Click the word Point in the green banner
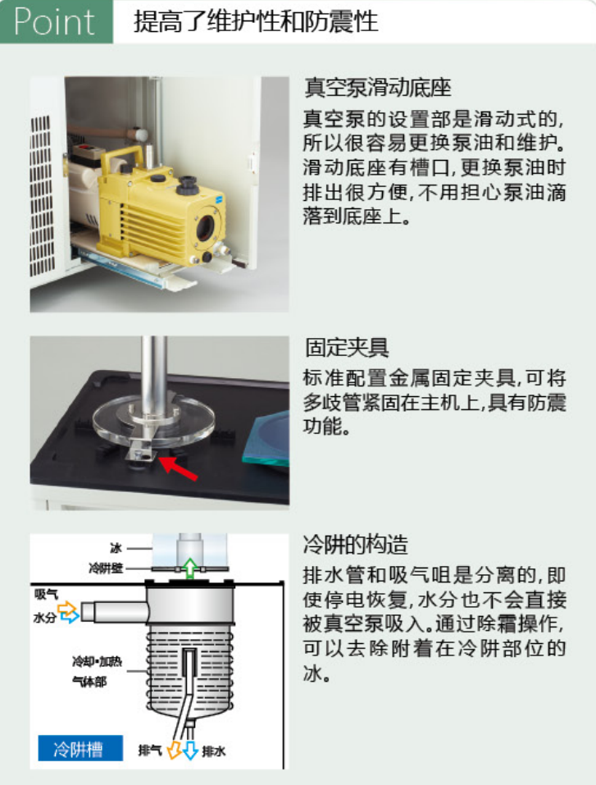[x=54, y=22]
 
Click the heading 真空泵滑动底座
[x=378, y=88]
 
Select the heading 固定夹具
[x=347, y=348]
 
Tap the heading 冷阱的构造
[x=356, y=544]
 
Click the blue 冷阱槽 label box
[x=80, y=748]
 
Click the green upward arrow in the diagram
[x=189, y=568]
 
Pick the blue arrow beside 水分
[x=70, y=615]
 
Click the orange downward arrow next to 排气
[x=174, y=750]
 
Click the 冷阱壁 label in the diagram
[x=106, y=568]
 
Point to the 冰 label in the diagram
[x=116, y=548]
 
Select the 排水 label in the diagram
[x=214, y=751]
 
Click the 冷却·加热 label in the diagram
[x=97, y=662]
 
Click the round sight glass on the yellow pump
[x=206, y=227]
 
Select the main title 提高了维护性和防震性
[x=255, y=22]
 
